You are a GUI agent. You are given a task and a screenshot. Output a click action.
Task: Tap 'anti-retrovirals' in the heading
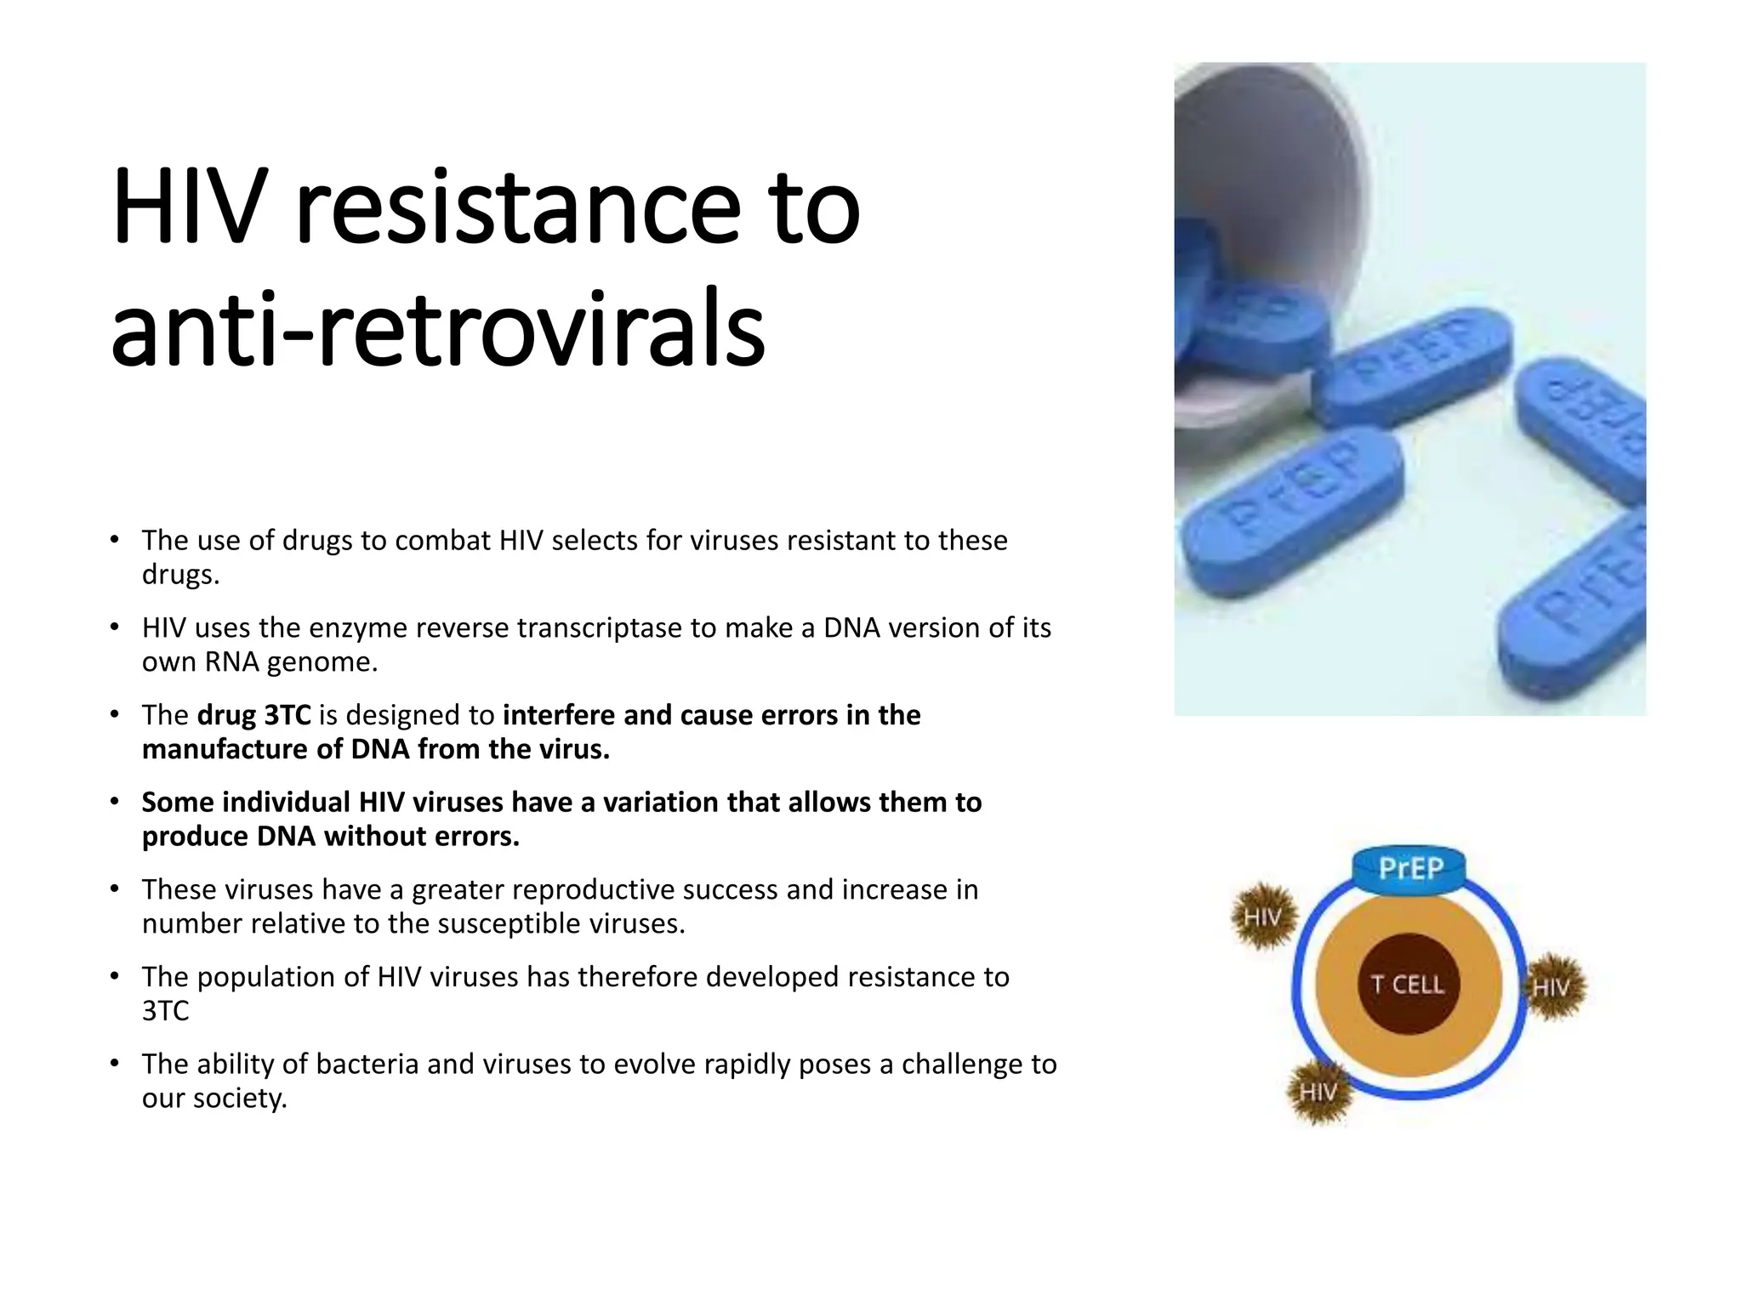pos(437,327)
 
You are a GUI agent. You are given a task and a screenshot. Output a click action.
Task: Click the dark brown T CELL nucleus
pos(1408,984)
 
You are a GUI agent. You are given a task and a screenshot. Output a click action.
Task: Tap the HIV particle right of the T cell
pos(1553,986)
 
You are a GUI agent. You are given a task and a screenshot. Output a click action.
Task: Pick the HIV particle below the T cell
pos(1318,1092)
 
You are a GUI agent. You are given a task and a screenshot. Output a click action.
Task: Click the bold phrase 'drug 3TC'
pos(253,715)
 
